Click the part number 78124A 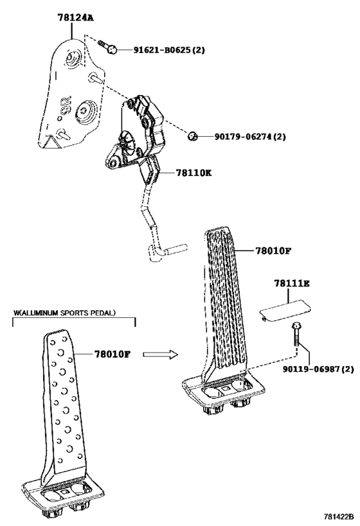[x=75, y=17]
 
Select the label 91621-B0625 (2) [x=169, y=50]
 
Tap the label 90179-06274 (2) [x=250, y=137]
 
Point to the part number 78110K [x=194, y=173]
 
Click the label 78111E [x=291, y=283]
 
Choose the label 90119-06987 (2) [x=318, y=369]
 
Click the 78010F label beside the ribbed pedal [x=273, y=250]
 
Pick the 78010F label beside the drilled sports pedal [x=112, y=354]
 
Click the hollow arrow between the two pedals [x=161, y=355]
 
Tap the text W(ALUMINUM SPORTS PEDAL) [x=64, y=313]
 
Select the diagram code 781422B [x=339, y=516]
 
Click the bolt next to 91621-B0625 [x=107, y=47]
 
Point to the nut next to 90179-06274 [x=192, y=137]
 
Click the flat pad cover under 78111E [x=285, y=311]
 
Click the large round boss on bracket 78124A [x=85, y=110]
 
